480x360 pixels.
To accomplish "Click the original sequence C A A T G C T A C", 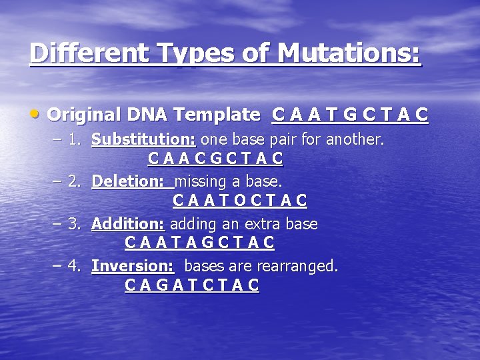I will tap(350, 115).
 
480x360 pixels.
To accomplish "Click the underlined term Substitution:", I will tap(143, 140).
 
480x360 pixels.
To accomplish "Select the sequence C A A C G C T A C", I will tap(215, 159).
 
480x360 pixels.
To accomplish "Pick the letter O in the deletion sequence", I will tap(239, 201).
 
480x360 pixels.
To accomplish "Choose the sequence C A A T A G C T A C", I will tap(199, 243).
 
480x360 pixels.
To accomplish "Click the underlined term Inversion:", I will tap(133, 266).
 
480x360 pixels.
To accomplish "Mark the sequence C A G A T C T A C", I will tap(192, 286).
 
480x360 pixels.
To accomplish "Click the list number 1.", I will tap(75, 140).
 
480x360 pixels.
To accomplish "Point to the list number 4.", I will tap(75, 266).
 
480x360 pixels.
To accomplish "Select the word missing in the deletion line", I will tap(201, 181).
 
